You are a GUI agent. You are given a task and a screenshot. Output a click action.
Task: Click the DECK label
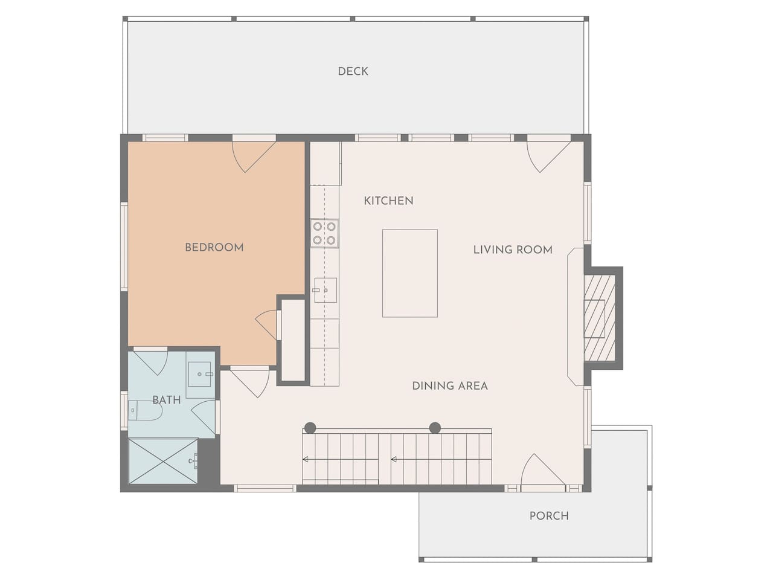353,71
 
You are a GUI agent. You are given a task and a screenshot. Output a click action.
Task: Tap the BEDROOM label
214,248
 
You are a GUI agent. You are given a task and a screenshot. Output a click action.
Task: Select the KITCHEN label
388,201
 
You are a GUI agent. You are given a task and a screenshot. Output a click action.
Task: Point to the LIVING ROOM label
513,250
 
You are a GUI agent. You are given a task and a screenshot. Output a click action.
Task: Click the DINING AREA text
450,385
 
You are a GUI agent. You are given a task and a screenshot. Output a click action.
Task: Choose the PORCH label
549,516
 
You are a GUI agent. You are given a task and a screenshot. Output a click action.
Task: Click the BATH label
167,400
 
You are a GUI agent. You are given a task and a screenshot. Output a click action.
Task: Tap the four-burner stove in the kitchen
324,233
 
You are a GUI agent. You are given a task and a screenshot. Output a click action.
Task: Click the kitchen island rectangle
410,273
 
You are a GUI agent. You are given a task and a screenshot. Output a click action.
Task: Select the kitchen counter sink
326,290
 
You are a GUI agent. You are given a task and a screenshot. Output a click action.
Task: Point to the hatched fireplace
600,318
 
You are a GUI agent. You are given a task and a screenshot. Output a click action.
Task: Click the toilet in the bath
144,410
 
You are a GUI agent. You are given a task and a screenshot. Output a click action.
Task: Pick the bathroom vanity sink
200,374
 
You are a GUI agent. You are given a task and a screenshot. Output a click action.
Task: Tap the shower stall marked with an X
163,461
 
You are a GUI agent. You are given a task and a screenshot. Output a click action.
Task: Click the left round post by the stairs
310,428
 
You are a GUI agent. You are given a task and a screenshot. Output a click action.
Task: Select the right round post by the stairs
435,428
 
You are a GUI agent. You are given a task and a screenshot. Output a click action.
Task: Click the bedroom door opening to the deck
254,156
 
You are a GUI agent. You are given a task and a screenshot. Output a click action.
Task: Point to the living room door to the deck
548,156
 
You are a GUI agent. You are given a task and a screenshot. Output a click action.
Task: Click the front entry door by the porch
543,471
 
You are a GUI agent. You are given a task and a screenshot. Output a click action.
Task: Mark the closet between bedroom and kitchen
293,340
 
